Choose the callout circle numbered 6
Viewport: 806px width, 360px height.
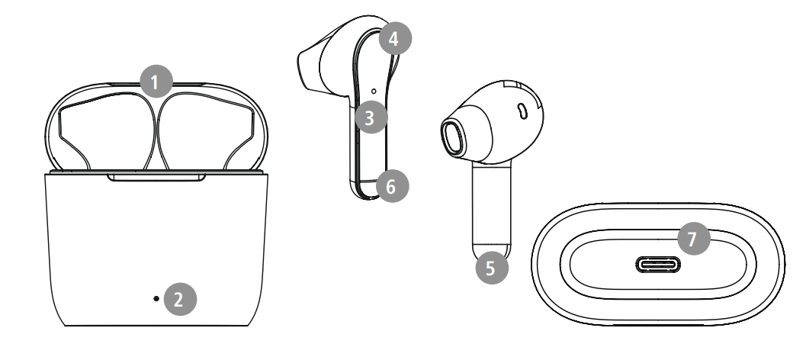[x=391, y=185]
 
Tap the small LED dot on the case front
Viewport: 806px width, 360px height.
[x=156, y=298]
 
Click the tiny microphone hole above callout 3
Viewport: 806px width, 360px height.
[x=373, y=91]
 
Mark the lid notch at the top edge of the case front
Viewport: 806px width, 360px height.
[x=156, y=178]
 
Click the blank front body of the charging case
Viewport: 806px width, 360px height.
[x=156, y=244]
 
